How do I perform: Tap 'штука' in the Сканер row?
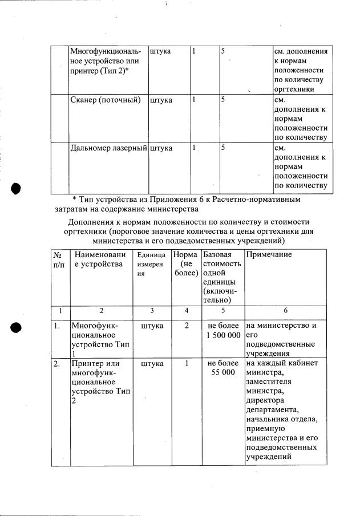click(x=161, y=100)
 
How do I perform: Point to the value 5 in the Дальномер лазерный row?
click(x=224, y=148)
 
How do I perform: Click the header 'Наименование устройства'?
click(x=98, y=259)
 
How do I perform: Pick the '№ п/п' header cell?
click(x=59, y=259)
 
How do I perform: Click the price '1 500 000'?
click(x=224, y=335)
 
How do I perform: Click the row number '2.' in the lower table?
click(x=58, y=363)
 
